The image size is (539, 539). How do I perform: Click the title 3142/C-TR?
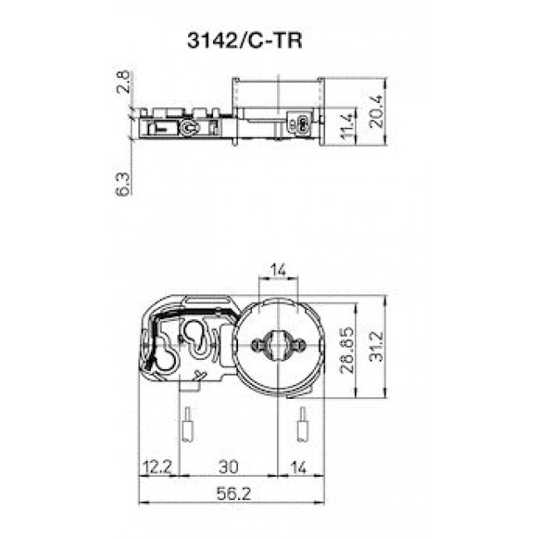(240, 42)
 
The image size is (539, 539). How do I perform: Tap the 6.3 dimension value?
(124, 183)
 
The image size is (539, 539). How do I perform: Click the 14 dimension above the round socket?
(278, 269)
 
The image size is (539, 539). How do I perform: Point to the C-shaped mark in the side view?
(190, 128)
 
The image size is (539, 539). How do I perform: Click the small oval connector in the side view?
(303, 125)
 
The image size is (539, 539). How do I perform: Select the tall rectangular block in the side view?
(275, 108)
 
